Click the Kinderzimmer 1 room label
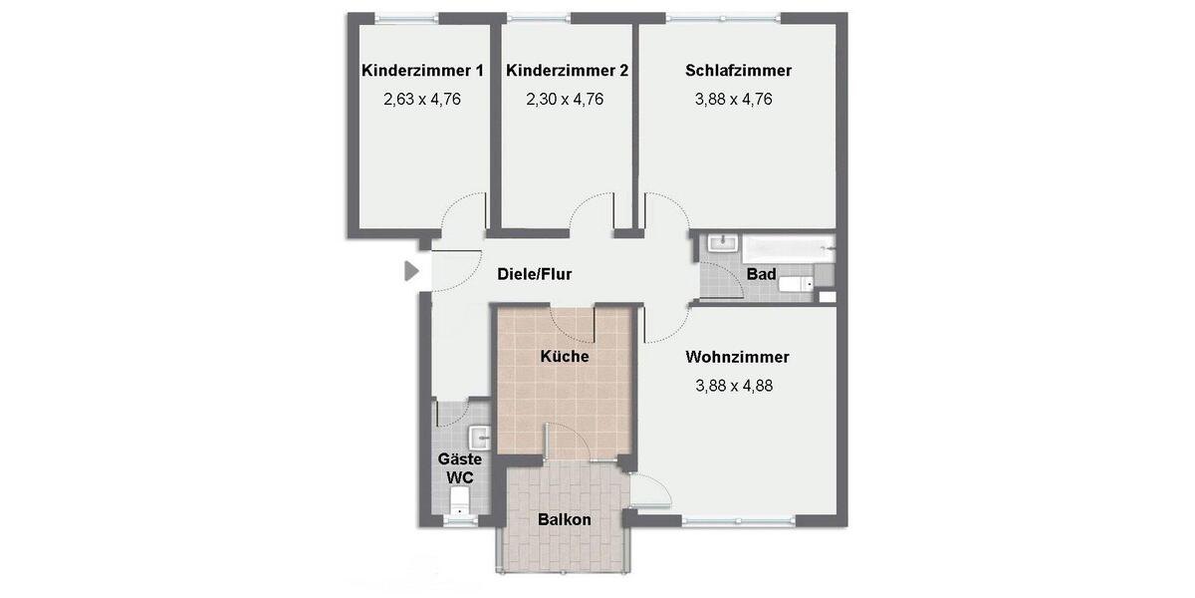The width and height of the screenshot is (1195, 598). pyautogui.click(x=422, y=71)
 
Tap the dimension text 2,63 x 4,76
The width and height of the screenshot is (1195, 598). pyautogui.click(x=422, y=100)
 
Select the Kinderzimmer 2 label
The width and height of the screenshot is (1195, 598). pyautogui.click(x=567, y=71)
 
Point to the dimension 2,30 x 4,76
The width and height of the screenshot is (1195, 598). pyautogui.click(x=565, y=100)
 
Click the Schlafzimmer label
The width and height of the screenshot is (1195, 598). pyautogui.click(x=738, y=71)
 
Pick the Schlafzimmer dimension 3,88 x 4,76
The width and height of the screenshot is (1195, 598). pyautogui.click(x=734, y=100)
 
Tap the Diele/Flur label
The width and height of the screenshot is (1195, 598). pyautogui.click(x=534, y=274)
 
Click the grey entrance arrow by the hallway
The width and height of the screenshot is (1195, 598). pyautogui.click(x=411, y=270)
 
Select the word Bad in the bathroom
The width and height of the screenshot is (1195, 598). pyautogui.click(x=761, y=274)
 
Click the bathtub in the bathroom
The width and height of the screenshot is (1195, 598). pyautogui.click(x=788, y=246)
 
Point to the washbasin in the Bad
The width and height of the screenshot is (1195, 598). pyautogui.click(x=720, y=243)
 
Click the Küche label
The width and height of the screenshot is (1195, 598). pyautogui.click(x=565, y=357)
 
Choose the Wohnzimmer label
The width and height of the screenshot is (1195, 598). pyautogui.click(x=737, y=357)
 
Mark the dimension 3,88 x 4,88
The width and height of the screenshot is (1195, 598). pyautogui.click(x=734, y=386)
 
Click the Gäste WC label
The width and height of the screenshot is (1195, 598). pyautogui.click(x=460, y=467)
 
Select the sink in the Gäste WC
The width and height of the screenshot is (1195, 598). pyautogui.click(x=479, y=437)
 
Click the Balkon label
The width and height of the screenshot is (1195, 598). pyautogui.click(x=565, y=519)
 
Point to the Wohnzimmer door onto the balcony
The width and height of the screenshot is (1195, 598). pyautogui.click(x=648, y=490)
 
